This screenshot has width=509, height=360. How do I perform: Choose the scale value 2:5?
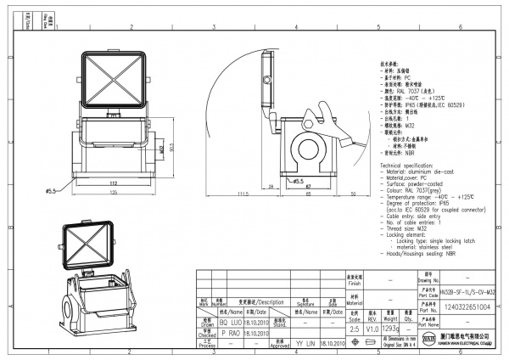pyautogui.click(x=353, y=328)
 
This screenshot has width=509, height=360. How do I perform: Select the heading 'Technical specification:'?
pyautogui.click(x=411, y=163)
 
